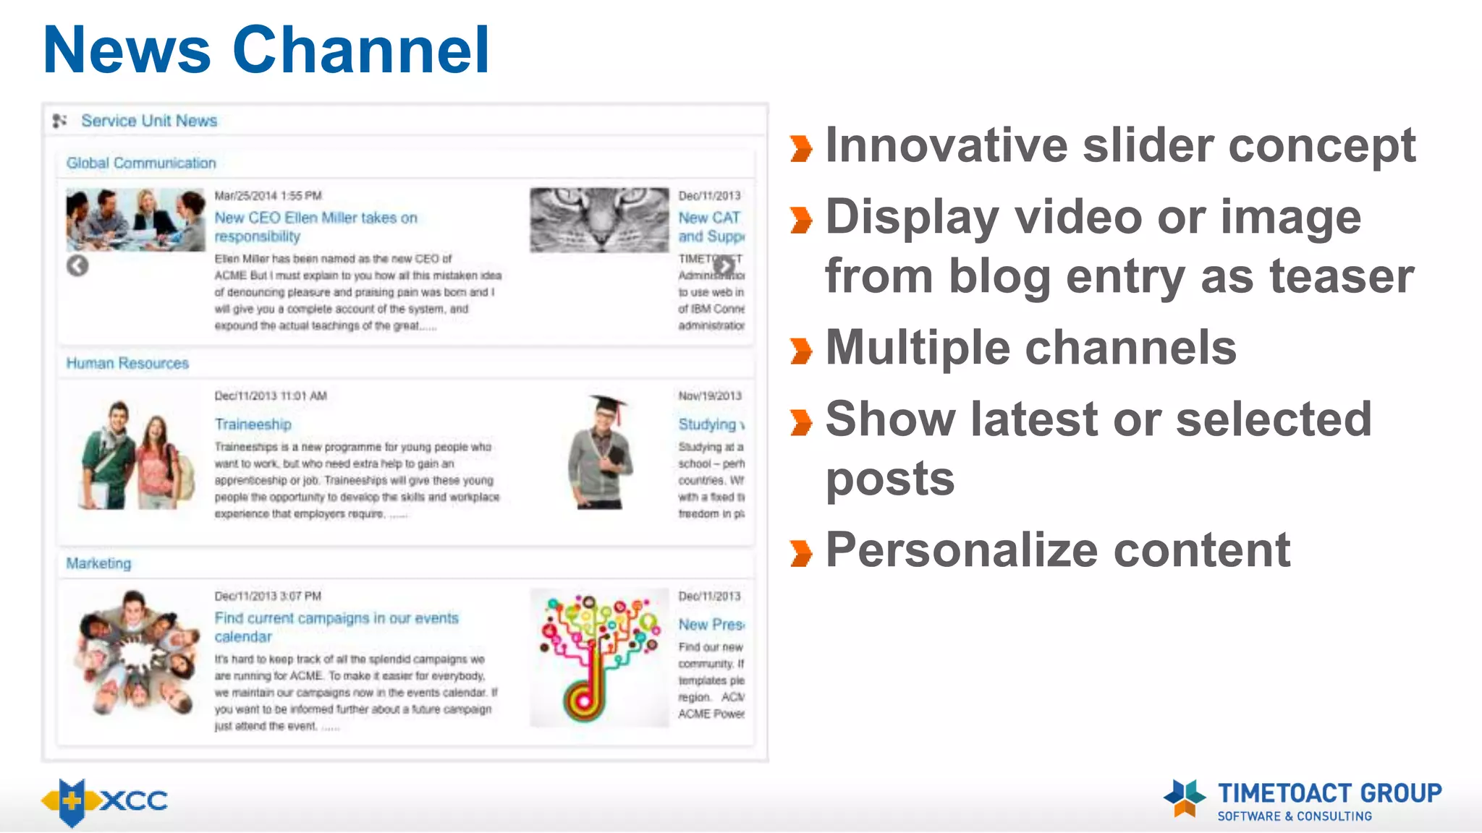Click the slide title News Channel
pos(266,51)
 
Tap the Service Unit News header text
pos(148,121)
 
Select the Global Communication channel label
pos(141,163)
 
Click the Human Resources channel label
pos(127,363)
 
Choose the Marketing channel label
pos(98,563)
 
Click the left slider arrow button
pos(77,266)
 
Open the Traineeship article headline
pos(253,424)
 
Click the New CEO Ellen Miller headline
pos(316,227)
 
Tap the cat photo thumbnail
pos(599,220)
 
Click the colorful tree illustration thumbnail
pos(599,657)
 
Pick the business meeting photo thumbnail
pos(135,220)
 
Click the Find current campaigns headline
pos(336,627)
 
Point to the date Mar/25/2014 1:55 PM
pos(268,196)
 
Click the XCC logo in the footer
pos(105,801)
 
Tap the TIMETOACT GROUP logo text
pos(1329,793)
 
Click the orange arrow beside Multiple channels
pos(801,351)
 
